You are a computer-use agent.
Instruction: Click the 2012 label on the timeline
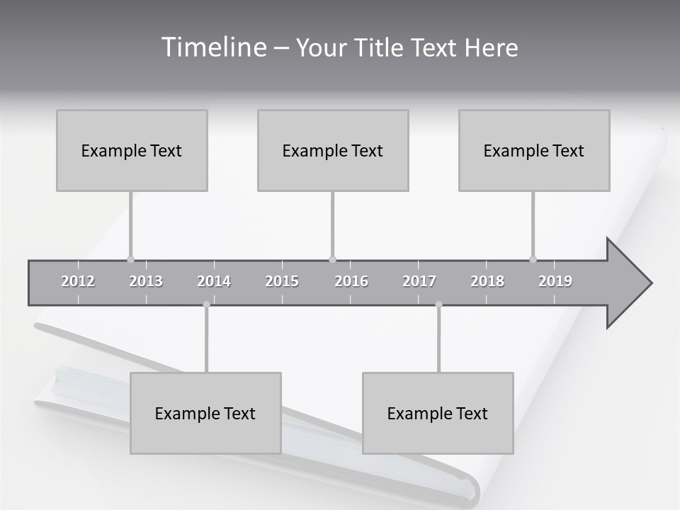tap(78, 281)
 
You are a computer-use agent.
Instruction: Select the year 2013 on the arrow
tap(146, 281)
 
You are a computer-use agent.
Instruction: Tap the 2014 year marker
tap(214, 281)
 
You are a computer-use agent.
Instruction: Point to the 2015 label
tap(282, 281)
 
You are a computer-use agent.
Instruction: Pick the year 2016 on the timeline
tap(351, 281)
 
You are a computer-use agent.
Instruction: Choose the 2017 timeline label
tap(419, 281)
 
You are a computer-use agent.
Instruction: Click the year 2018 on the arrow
tap(487, 281)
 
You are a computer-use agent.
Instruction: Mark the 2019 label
tap(555, 281)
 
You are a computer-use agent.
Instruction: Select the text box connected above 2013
tap(132, 150)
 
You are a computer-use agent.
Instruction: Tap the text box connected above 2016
tap(333, 150)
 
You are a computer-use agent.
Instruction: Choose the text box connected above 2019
tap(534, 150)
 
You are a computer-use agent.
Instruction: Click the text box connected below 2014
tap(205, 413)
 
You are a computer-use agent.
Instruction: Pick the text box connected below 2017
tap(438, 413)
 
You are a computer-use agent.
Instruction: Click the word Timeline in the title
tap(212, 47)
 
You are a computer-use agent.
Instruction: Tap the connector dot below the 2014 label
tap(206, 305)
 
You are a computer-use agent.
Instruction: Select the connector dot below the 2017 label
tap(438, 305)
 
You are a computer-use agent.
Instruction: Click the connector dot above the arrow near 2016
tap(332, 259)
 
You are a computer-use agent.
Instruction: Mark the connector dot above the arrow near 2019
tap(533, 259)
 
